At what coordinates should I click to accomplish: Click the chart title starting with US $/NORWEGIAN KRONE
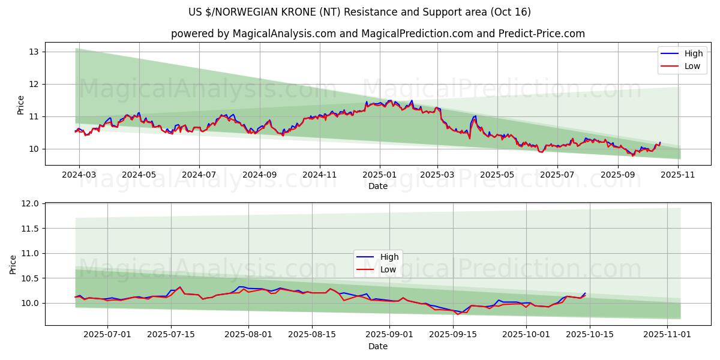click(x=360, y=12)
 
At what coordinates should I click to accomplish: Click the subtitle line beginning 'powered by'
click(x=378, y=34)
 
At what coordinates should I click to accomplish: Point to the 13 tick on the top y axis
click(x=34, y=52)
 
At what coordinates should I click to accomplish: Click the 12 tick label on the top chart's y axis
click(x=34, y=84)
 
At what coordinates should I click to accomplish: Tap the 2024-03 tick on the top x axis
click(x=79, y=175)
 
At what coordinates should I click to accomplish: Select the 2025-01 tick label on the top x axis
click(x=379, y=175)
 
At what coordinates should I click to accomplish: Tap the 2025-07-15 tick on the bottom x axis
click(x=171, y=335)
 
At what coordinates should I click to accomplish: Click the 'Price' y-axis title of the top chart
click(x=20, y=105)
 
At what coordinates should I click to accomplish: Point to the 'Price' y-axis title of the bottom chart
click(x=13, y=264)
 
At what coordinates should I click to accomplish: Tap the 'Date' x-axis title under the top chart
click(x=378, y=186)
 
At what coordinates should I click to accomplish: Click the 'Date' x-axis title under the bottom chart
click(x=378, y=346)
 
